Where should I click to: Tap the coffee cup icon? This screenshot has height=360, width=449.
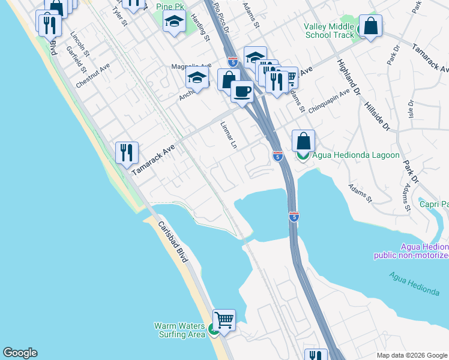[242, 91]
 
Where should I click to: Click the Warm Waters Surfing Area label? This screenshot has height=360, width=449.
[179, 330]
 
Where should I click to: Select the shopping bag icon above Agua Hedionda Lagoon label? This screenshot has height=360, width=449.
[304, 141]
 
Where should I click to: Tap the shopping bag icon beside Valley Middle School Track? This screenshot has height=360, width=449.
[371, 26]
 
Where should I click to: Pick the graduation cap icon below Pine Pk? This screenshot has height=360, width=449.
[174, 22]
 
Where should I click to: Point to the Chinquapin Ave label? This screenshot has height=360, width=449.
[328, 103]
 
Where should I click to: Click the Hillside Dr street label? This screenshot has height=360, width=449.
[377, 115]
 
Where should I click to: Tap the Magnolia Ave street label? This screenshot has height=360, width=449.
[191, 66]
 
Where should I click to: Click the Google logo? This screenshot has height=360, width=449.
[20, 353]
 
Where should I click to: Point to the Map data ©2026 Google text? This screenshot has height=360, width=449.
[411, 355]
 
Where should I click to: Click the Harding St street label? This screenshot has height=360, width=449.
[201, 28]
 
